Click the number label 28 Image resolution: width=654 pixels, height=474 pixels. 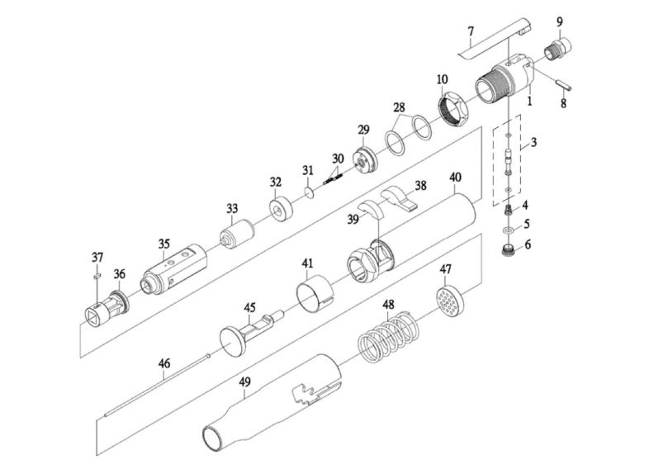pos(399,108)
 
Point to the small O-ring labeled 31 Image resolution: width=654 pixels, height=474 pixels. pos(307,194)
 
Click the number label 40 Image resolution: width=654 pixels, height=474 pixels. pos(455,178)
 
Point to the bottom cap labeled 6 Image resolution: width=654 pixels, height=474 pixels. pos(509,246)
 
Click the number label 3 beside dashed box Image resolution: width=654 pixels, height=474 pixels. pos(534,142)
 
